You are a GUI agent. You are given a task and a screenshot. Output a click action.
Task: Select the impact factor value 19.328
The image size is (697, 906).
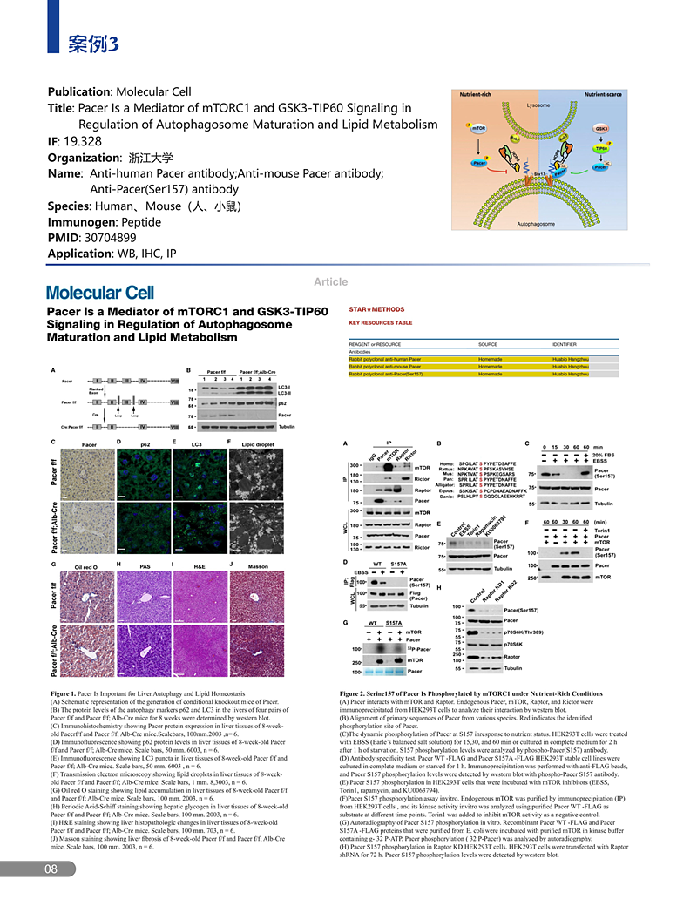[x=83, y=141]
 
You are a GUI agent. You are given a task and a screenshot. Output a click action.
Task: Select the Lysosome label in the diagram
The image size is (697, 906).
[x=538, y=106]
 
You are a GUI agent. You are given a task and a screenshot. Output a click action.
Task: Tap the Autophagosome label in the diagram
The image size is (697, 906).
[x=537, y=224]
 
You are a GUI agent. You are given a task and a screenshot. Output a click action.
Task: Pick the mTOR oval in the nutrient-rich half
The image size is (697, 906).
[x=478, y=128]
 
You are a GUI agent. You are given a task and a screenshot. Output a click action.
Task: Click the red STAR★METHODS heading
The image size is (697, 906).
[x=376, y=309]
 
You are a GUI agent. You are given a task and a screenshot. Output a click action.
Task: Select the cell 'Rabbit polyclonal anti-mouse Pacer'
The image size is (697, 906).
[x=385, y=366]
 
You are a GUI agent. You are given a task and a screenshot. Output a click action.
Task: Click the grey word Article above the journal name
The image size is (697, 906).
[x=331, y=281]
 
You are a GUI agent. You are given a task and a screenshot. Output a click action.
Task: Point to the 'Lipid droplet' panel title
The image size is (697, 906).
[x=259, y=445]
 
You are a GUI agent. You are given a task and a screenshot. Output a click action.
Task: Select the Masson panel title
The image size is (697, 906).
[x=258, y=567]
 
